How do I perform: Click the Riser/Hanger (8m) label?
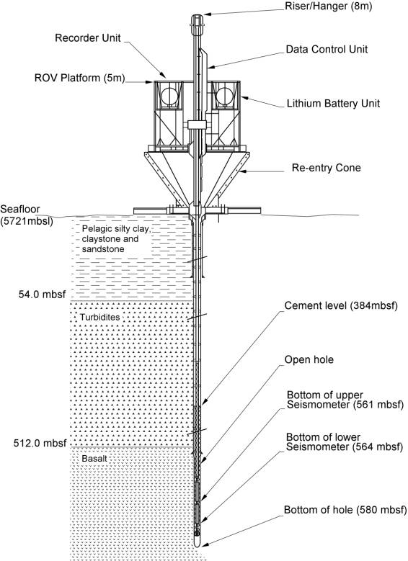point(328,6)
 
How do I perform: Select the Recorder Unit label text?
point(88,38)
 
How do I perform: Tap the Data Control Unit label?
point(327,49)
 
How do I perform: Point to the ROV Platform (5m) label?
point(79,78)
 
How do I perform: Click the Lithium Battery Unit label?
point(333,104)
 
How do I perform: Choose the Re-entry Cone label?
point(327,168)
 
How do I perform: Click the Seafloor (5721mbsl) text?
point(27,215)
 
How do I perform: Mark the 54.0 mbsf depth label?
point(43,294)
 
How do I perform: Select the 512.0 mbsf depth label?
point(40,443)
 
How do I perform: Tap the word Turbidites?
point(99,317)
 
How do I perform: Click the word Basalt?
point(94,458)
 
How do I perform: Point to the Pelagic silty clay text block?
point(117,239)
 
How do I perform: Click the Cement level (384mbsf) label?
point(341,305)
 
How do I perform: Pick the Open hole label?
point(309,359)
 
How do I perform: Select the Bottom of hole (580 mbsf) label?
point(345,509)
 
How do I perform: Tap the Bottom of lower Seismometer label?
point(345,442)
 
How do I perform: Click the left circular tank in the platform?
point(169,96)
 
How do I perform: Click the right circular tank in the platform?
point(225,96)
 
